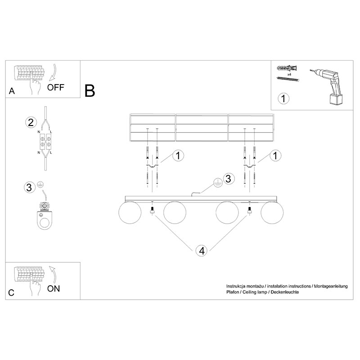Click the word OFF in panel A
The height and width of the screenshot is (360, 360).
coord(55,87)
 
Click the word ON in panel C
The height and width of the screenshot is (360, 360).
coord(54,288)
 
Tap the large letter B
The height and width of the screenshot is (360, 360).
coord(90,90)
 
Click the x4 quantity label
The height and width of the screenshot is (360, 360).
coord(289,75)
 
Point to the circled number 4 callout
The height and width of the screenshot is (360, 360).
coord(202,251)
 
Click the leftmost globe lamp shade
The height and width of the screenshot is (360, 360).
coord(130,212)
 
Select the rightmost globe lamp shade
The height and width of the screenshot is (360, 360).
coord(272,212)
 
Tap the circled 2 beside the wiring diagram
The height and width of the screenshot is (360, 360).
coord(31,122)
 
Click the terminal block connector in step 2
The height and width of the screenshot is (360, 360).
coord(45,141)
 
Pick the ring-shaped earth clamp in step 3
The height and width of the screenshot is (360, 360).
coord(45,217)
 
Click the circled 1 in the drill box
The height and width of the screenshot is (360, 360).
coord(283,99)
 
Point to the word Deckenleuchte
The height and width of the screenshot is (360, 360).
coord(285,292)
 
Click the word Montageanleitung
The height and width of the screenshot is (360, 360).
coord(331,286)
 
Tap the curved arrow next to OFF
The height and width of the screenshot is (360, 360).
coord(53,72)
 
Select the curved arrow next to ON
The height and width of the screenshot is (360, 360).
coord(53,275)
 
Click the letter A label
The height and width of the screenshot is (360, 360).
coord(12,91)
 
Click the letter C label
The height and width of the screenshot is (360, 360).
coord(11,293)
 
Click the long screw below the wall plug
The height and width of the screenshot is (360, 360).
coord(288,79)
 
